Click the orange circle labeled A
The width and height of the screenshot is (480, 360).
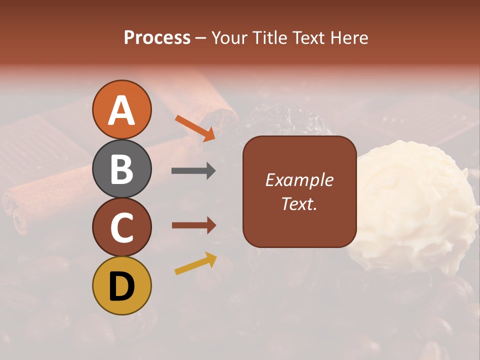122,109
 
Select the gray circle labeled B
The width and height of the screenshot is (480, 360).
122,168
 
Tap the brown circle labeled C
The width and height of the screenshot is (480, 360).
122,227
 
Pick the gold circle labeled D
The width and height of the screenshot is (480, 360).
122,285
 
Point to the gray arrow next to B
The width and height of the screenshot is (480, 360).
193,171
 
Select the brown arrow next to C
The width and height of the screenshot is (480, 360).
193,225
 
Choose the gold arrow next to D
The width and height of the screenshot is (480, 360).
195,263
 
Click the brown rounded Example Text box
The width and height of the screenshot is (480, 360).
299,191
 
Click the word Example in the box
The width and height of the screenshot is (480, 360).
299,180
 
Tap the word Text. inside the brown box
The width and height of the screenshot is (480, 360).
299,203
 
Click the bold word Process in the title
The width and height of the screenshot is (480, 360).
157,38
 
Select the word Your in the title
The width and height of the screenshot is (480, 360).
230,38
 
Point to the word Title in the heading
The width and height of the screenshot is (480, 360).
270,38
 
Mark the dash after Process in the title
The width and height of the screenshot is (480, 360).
201,38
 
